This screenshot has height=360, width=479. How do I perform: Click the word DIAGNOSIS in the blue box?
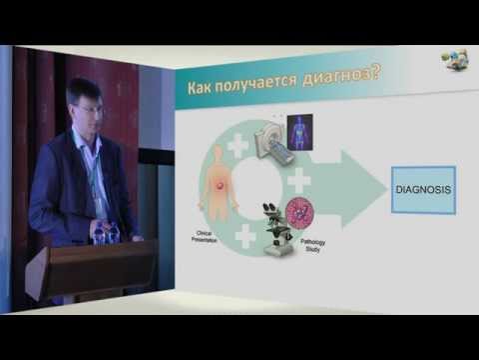coord(421,189)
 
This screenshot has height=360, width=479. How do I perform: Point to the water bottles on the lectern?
coord(106,231)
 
